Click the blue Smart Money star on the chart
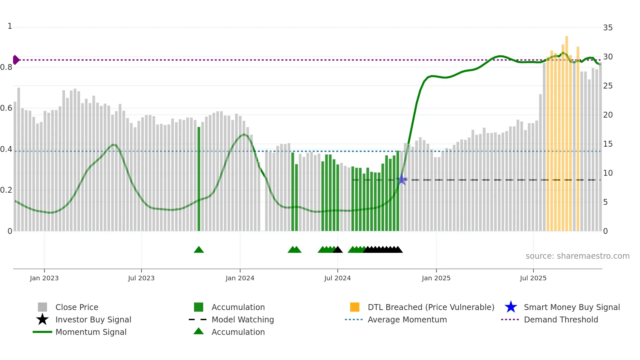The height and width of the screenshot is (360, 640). click(402, 180)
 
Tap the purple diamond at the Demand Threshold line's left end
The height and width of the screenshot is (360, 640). click(16, 60)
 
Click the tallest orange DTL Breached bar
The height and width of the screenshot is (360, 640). click(567, 134)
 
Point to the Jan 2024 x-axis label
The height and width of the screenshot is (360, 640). click(240, 278)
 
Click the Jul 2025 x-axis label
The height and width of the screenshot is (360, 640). click(533, 278)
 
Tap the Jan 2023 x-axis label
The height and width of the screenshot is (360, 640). click(44, 278)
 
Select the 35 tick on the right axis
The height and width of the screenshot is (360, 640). click(608, 28)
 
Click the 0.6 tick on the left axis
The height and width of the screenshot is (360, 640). click(6, 108)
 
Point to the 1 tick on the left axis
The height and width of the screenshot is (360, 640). click(10, 26)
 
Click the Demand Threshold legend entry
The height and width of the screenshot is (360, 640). click(561, 319)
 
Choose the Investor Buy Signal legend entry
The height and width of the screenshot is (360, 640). click(93, 319)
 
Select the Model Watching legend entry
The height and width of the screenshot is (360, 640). click(242, 319)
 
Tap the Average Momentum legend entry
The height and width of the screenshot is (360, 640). click(407, 319)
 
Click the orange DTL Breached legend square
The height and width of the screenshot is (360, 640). click(355, 307)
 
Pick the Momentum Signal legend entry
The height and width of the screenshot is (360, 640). click(91, 332)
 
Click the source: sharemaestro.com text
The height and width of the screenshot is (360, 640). click(577, 256)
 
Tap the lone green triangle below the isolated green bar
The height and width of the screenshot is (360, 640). click(199, 250)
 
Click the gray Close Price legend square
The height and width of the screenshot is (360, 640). click(42, 307)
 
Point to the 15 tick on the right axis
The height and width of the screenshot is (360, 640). click(608, 144)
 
